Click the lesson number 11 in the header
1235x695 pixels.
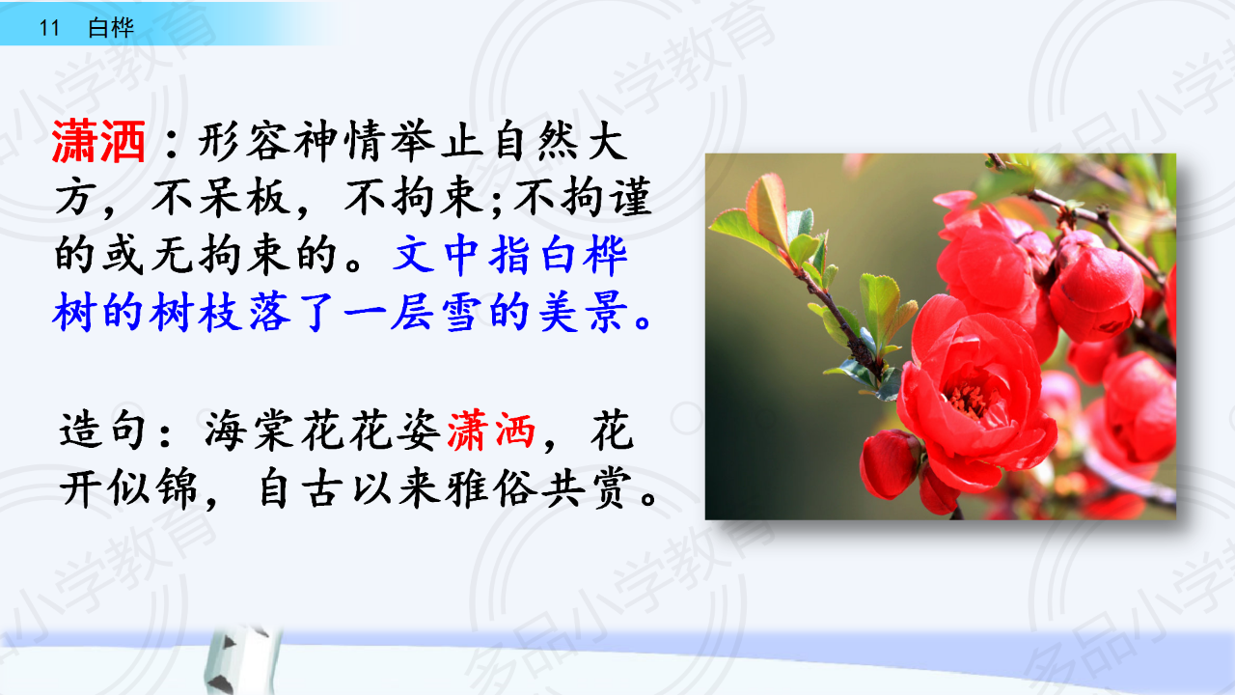pyautogui.click(x=49, y=28)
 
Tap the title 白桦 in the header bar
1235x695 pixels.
pyautogui.click(x=111, y=28)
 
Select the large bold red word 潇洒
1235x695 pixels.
pyautogui.click(x=98, y=142)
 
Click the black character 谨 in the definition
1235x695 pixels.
pyautogui.click(x=630, y=198)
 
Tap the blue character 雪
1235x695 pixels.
pyautogui.click(x=462, y=312)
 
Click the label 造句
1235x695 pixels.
pyautogui.click(x=102, y=431)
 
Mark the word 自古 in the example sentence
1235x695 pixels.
pyautogui.click(x=298, y=488)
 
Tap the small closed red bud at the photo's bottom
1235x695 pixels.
pyautogui.click(x=890, y=463)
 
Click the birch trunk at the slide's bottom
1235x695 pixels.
pyautogui.click(x=241, y=660)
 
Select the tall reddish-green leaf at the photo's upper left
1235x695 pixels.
pyautogui.click(x=767, y=209)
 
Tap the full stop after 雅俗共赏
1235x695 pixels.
pyautogui.click(x=648, y=497)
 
